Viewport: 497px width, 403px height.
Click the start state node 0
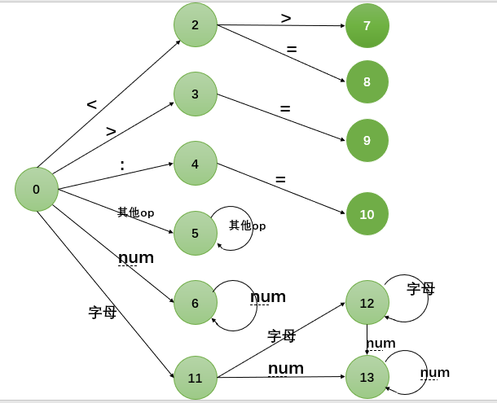click(37, 189)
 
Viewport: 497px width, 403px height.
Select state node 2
click(196, 24)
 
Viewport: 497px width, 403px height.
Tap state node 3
click(196, 94)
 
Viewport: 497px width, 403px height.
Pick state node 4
click(196, 164)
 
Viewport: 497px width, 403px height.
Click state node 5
click(196, 233)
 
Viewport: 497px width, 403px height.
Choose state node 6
click(196, 303)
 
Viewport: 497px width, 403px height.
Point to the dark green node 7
click(367, 26)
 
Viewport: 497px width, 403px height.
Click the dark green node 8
click(367, 81)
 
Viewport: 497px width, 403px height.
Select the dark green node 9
click(367, 140)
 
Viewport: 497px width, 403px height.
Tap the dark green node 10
click(367, 214)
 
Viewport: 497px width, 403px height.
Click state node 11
click(196, 378)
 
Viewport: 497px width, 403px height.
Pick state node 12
click(367, 303)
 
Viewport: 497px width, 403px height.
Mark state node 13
click(367, 377)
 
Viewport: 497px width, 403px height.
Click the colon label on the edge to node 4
click(122, 165)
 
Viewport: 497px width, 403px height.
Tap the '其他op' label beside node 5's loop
click(247, 226)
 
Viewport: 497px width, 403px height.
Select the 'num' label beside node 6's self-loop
click(268, 297)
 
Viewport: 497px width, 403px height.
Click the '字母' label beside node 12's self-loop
click(421, 289)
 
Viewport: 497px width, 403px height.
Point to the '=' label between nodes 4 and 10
click(280, 180)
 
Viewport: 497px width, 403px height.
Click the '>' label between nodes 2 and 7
click(286, 19)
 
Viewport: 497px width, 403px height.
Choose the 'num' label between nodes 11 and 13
click(286, 368)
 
